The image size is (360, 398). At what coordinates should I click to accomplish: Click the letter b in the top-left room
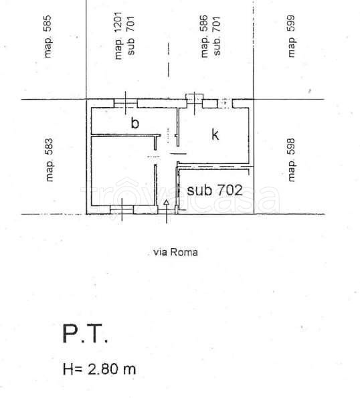click(x=134, y=123)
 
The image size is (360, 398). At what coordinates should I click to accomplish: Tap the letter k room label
click(x=215, y=134)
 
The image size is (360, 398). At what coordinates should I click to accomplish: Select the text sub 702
click(x=214, y=190)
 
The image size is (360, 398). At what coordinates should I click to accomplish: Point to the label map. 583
click(x=49, y=160)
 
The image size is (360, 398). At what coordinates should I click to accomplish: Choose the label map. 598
click(x=291, y=160)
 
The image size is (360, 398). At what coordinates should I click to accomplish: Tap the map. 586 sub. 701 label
click(x=211, y=37)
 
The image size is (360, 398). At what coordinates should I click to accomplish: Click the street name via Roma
click(x=176, y=252)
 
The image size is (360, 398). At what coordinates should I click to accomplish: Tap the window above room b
click(x=125, y=103)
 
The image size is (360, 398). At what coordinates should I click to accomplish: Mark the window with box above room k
click(x=195, y=101)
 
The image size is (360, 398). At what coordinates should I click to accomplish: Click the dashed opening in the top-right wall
click(x=226, y=103)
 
